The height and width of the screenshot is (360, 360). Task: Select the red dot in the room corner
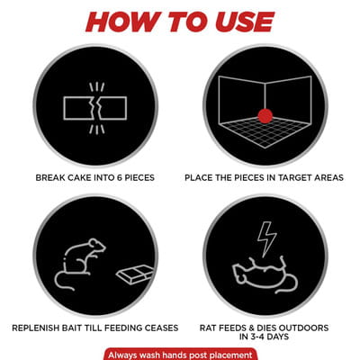pyautogui.click(x=265, y=116)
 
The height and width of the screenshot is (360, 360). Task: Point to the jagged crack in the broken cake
pyautogui.click(x=96, y=108)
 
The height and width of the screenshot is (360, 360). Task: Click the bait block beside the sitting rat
pyautogui.click(x=135, y=274)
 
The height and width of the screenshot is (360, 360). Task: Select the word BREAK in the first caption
pyautogui.click(x=49, y=177)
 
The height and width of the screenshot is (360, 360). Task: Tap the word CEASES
pyautogui.click(x=161, y=328)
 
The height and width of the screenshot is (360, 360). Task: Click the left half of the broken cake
pyautogui.click(x=78, y=108)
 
